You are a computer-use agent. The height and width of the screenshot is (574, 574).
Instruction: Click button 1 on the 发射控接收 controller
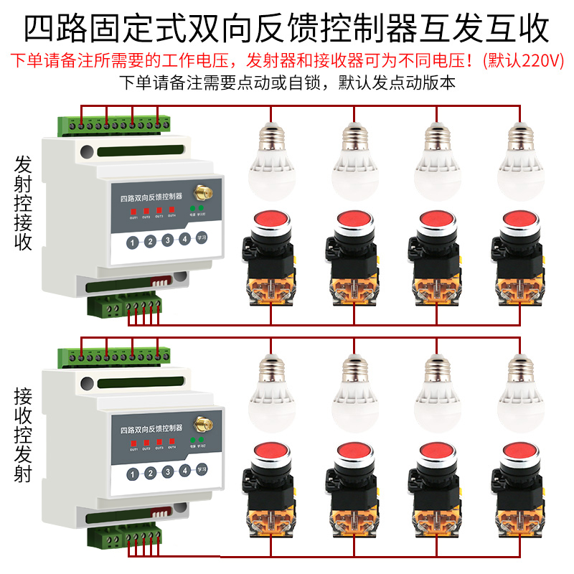[x=133, y=243]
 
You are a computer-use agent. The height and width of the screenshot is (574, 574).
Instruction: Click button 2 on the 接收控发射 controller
[x=150, y=473]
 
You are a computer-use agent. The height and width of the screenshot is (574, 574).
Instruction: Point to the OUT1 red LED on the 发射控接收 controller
[x=133, y=210]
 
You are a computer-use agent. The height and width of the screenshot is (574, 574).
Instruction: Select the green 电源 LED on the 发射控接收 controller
[x=192, y=208]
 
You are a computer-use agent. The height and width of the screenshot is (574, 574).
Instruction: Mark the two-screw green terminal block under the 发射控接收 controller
[x=105, y=308]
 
